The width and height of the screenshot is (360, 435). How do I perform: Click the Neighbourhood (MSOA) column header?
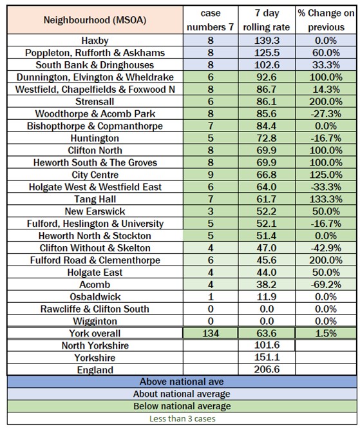coord(95,20)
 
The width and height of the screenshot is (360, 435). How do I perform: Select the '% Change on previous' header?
coord(326,20)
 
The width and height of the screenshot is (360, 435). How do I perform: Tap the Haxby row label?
coord(95,41)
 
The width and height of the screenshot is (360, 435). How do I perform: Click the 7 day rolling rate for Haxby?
coord(267,41)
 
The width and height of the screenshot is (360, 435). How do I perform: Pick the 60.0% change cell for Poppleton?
coord(326,53)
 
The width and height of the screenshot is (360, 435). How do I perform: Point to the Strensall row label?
coord(95,102)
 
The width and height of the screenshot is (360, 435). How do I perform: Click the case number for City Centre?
coord(211,175)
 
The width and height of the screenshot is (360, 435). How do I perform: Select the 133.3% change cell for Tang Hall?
coord(326,199)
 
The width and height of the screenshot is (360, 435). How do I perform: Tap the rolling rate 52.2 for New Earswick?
coord(267,211)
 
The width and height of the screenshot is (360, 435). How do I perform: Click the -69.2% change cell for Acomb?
coord(326,285)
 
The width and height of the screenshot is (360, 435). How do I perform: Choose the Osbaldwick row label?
coord(95,297)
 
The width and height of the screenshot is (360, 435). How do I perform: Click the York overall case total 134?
coord(211,333)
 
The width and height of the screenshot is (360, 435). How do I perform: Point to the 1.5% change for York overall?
coord(326,333)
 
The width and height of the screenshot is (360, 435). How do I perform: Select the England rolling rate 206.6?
coord(267,369)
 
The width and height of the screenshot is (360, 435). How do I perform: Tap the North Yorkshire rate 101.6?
coord(267,345)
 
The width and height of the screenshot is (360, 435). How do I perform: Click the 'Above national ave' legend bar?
coord(182,382)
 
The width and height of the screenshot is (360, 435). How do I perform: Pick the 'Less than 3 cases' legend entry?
coord(182,418)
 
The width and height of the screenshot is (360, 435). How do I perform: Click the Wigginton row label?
coord(95,322)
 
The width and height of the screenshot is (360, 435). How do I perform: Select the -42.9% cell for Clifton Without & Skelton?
coord(326,248)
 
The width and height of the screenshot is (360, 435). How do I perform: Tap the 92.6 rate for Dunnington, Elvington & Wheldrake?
coord(267,77)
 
